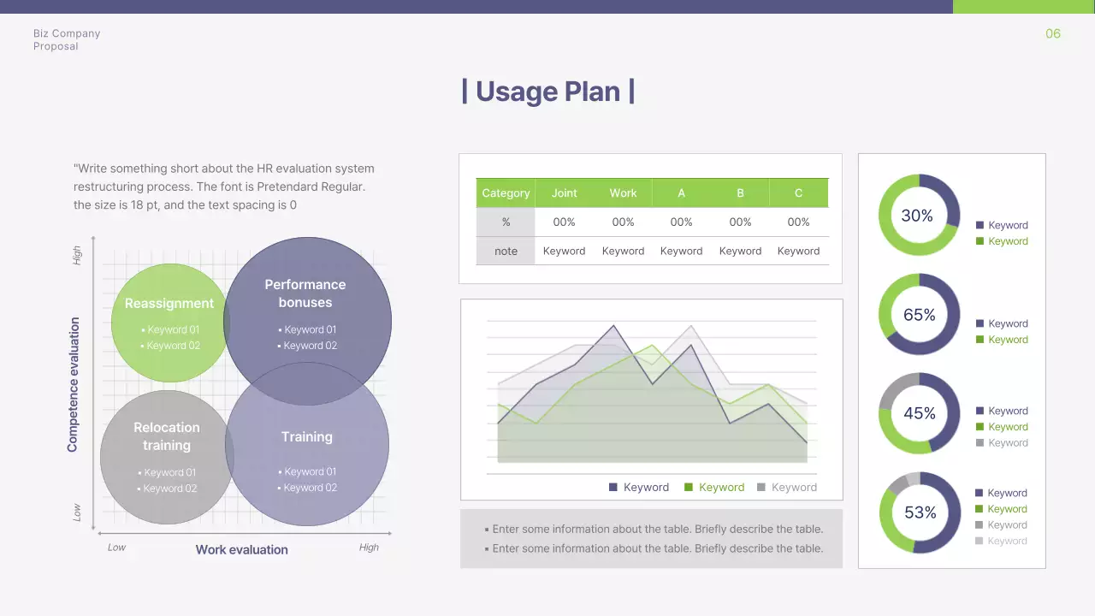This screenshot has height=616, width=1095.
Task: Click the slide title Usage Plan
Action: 547,91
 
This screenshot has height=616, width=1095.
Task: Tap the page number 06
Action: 1052,33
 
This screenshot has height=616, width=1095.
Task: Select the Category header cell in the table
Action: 506,192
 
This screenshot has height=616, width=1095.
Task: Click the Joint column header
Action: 564,192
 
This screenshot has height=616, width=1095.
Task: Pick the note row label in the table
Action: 506,251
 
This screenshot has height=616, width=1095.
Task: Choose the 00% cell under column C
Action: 798,222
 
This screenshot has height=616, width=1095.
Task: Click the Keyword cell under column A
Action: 681,251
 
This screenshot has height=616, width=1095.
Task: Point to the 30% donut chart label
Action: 917,216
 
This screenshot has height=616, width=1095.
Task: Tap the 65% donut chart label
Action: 920,315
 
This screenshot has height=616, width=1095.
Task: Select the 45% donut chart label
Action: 920,413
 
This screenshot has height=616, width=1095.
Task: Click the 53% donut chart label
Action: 920,512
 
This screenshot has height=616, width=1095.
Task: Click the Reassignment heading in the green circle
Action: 169,303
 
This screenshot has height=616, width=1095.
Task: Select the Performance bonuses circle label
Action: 305,293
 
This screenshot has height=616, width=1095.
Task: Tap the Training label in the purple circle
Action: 307,436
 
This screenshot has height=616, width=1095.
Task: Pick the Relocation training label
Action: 167,436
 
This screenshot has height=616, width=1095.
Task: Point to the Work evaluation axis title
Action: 242,549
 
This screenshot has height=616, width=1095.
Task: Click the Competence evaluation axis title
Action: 73,384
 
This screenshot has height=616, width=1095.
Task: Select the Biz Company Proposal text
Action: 67,39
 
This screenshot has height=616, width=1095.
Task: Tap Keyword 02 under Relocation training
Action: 169,489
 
